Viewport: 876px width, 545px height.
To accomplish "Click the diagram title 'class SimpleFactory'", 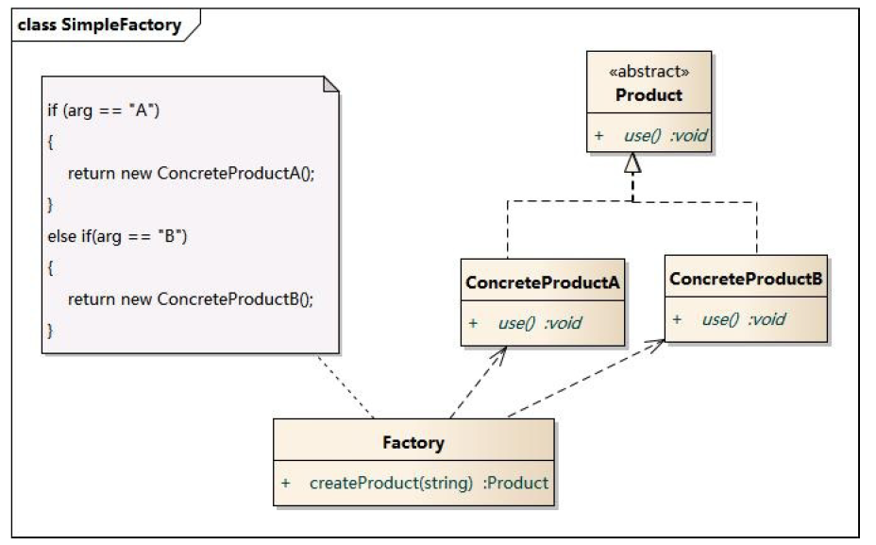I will [99, 26].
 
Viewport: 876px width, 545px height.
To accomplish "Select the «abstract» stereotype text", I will [649, 72].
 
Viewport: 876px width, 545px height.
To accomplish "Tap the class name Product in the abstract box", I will [649, 95].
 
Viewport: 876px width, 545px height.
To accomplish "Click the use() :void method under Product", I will [665, 136].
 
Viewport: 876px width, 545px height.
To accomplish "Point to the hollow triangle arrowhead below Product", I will [632, 163].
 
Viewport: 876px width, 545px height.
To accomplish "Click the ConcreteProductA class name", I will [543, 282].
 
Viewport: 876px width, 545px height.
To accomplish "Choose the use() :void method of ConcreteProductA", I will [540, 323].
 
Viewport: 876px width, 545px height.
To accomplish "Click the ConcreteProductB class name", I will [746, 280].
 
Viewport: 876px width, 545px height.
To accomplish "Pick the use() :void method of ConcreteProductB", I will [743, 319].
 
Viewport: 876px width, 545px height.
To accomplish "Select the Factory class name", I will [413, 442].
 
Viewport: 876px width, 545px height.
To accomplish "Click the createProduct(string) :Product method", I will [429, 483].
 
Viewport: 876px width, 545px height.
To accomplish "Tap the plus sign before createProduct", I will [285, 483].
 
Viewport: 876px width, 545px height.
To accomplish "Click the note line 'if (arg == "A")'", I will [105, 110].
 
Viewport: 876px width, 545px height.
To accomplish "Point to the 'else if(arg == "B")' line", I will [118, 236].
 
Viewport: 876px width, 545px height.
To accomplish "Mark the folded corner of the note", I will [329, 85].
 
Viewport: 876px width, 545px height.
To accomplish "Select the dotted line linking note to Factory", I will [346, 386].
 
